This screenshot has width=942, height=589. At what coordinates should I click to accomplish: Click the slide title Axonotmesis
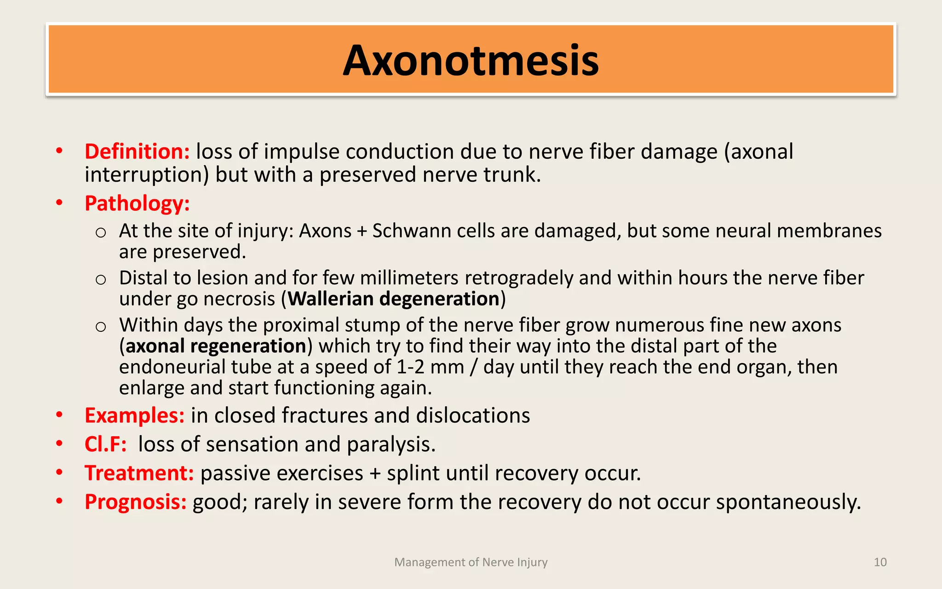coord(471,61)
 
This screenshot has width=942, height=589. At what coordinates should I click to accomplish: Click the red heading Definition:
coord(137,151)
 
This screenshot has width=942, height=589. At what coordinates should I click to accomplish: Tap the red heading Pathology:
coord(137,203)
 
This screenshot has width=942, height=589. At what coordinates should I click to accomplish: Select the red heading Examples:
coord(134,415)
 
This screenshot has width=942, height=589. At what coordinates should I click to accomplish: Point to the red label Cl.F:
coord(105,444)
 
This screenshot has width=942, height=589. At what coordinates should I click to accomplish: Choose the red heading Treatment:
coord(139,473)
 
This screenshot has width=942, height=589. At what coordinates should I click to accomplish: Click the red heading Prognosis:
coord(135,502)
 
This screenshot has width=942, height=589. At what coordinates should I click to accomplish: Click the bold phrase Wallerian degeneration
coord(394,299)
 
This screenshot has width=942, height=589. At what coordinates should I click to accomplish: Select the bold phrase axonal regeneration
coord(216,346)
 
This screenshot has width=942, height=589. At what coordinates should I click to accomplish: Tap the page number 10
coord(880,562)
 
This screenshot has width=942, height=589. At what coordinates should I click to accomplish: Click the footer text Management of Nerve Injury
coord(471,562)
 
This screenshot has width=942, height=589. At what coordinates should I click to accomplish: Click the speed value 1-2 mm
coord(430,367)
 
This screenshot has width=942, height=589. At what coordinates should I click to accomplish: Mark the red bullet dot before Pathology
coord(59,202)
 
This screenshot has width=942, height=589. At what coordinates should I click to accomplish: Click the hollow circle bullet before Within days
coord(101,326)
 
